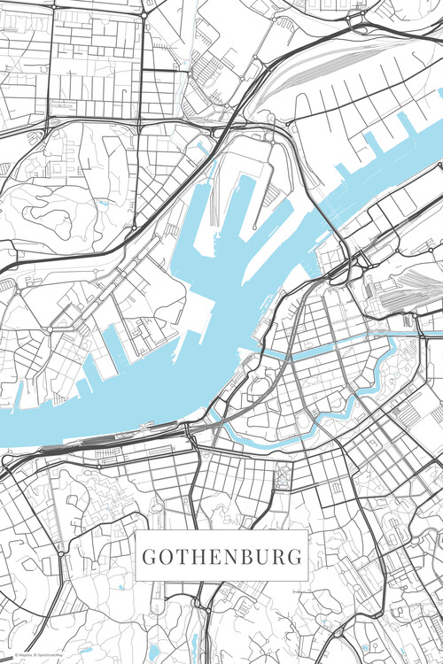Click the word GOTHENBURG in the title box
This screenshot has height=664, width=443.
tap(221, 558)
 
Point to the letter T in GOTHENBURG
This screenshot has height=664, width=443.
tap(180, 558)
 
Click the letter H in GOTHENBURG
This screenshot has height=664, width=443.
tap(196, 558)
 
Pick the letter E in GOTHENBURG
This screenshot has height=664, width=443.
tap(212, 558)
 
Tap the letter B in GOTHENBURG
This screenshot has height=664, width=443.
tap(244, 558)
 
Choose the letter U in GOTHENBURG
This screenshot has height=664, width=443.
tap(260, 558)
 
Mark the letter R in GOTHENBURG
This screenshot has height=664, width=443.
tap(276, 558)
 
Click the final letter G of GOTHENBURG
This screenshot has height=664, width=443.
tap(293, 558)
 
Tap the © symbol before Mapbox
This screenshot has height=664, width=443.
tap(7, 655)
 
